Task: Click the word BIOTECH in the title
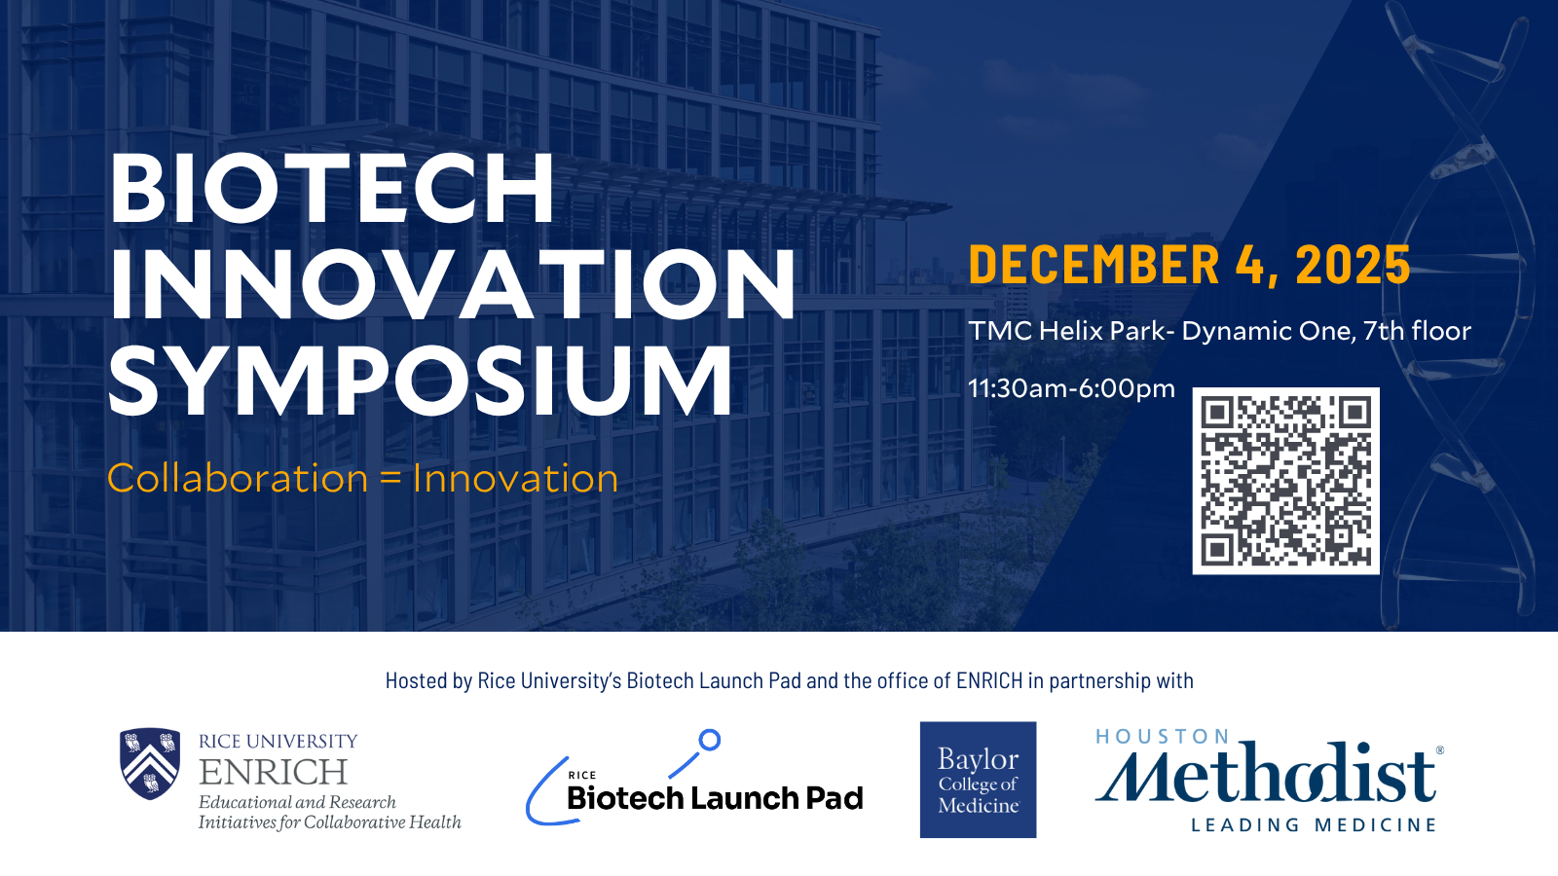pos(332,187)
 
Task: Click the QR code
pos(1286,481)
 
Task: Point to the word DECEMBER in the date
pos(1094,265)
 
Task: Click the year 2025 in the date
pos(1354,265)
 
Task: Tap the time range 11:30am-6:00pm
pos(1072,388)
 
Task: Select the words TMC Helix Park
pos(1066,331)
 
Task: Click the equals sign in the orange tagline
pos(390,479)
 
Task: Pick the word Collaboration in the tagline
pos(238,478)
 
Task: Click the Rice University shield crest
pos(150,763)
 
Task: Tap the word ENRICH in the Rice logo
pos(273,772)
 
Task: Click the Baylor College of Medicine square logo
pos(978,780)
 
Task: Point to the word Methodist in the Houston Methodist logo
pos(1266,773)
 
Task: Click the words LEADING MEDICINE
pos(1314,825)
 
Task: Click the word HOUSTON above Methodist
pos(1163,736)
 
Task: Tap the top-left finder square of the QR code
pos(1217,414)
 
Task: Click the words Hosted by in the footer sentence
pos(428,680)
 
